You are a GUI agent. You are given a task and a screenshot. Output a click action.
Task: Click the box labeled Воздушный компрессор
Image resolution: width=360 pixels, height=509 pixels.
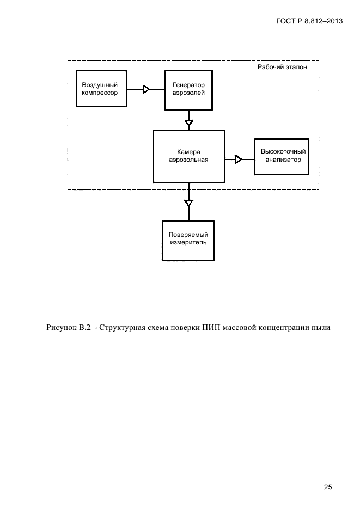coord(101,89)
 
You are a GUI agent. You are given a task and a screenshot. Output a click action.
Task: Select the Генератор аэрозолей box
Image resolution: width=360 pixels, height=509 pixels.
coord(188,90)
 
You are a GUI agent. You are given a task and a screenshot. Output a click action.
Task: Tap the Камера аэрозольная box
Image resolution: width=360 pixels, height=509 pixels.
coord(189,156)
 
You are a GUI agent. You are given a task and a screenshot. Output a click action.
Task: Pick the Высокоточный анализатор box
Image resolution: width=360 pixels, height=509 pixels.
coord(282,157)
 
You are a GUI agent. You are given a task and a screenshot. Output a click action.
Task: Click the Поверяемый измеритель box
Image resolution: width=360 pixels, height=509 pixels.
coord(188,241)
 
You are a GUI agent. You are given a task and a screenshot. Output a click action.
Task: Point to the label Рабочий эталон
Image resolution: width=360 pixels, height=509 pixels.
coord(282,67)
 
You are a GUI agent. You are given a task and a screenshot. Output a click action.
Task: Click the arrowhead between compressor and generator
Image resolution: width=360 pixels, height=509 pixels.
coord(146,89)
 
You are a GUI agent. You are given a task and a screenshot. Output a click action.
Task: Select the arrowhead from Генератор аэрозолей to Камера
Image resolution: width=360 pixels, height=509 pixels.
coord(188,123)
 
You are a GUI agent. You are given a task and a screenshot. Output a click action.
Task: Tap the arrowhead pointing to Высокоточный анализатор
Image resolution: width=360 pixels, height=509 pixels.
coord(238,160)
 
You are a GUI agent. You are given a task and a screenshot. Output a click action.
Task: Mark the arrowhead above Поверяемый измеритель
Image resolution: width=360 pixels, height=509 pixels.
coord(188,203)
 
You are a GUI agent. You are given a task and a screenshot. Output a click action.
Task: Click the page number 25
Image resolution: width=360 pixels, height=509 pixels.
coord(328,487)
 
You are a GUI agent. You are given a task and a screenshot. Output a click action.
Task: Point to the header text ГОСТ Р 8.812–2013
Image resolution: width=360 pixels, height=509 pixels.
coord(309,21)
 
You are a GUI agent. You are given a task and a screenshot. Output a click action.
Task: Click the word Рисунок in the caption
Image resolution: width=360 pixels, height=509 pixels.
coord(60,328)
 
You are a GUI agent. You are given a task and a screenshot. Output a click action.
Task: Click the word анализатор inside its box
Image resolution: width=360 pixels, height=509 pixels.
coord(283,160)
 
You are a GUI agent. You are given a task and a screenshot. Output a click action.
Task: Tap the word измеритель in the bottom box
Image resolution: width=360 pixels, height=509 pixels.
coord(188,243)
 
